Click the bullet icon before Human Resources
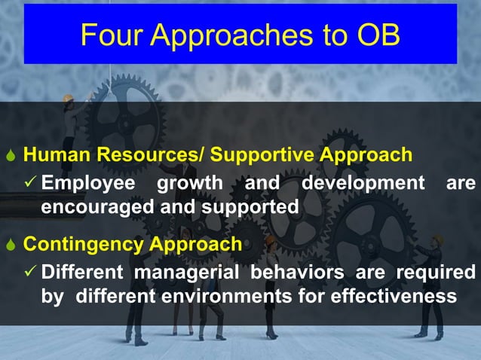(x=10, y=156)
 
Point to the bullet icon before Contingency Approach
(x=10, y=246)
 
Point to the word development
(x=363, y=183)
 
